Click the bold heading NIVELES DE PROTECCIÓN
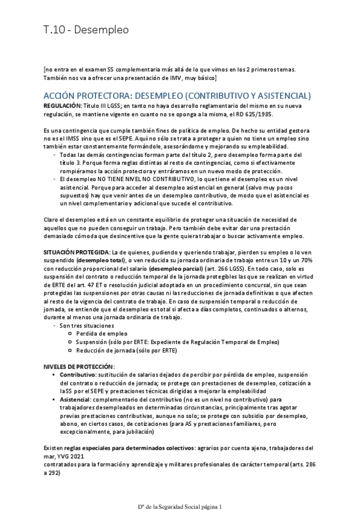coord(79,366)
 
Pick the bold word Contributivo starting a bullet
coord(78,375)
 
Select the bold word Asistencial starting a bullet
coord(76,399)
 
